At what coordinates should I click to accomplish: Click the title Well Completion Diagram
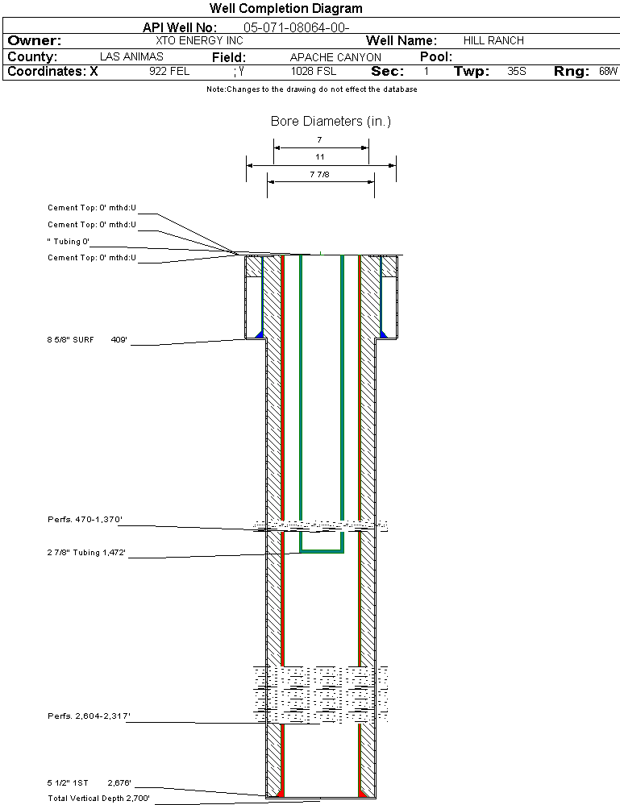pyautogui.click(x=286, y=8)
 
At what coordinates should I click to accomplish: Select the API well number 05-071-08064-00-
pyautogui.click(x=297, y=27)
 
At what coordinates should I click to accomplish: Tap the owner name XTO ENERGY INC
pyautogui.click(x=199, y=40)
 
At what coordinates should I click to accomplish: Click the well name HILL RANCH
pyautogui.click(x=493, y=40)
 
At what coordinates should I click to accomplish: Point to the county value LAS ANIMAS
pyautogui.click(x=131, y=56)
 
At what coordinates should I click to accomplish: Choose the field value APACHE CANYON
pyautogui.click(x=335, y=57)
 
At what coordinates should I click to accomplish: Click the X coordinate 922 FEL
pyautogui.click(x=169, y=72)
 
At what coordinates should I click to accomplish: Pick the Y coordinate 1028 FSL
pyautogui.click(x=314, y=72)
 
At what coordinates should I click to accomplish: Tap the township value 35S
pyautogui.click(x=517, y=72)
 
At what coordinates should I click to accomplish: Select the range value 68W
pyautogui.click(x=608, y=72)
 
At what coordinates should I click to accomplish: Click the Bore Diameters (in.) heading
pyautogui.click(x=331, y=121)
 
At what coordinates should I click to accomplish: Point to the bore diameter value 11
pyautogui.click(x=320, y=156)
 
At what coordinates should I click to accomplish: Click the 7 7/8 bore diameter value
pyautogui.click(x=319, y=175)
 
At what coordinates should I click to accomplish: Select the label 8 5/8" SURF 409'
pyautogui.click(x=87, y=340)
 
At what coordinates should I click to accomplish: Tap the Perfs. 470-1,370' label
pyautogui.click(x=85, y=520)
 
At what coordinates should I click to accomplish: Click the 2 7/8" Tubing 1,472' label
pyautogui.click(x=86, y=553)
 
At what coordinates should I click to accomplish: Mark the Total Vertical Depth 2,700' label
pyautogui.click(x=98, y=799)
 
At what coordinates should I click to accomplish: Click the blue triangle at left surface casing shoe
pyautogui.click(x=260, y=334)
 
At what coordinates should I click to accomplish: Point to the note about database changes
pyautogui.click(x=312, y=89)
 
